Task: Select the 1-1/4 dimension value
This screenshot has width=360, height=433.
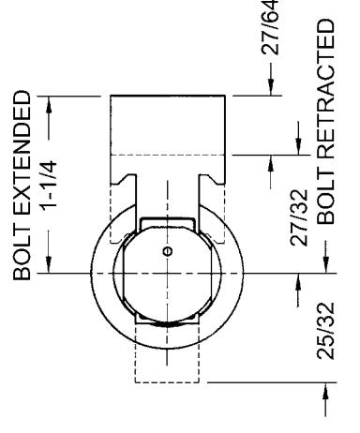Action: click(49, 185)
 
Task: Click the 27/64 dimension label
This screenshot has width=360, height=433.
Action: click(270, 27)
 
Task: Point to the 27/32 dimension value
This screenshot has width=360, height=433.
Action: click(299, 217)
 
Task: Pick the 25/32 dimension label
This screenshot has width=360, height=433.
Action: click(326, 331)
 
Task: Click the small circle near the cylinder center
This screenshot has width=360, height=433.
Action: click(168, 251)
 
